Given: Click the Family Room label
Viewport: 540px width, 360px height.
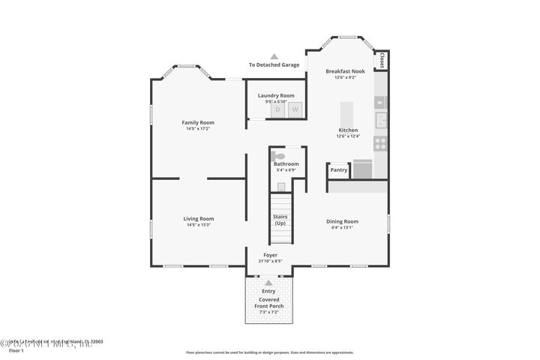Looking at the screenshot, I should pyautogui.click(x=198, y=122).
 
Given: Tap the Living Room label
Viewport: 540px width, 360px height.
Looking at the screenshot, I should pyautogui.click(x=198, y=218).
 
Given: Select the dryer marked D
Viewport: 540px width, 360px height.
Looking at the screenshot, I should pyautogui.click(x=277, y=109).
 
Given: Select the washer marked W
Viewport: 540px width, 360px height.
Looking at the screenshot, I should pyautogui.click(x=295, y=109).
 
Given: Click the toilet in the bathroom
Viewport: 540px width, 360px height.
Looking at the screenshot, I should pyautogui.click(x=279, y=155).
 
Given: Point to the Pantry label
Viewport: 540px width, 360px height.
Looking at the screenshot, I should pyautogui.click(x=338, y=170).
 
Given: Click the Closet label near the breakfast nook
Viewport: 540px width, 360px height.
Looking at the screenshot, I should pyautogui.click(x=382, y=60).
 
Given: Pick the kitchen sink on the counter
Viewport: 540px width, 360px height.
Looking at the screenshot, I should pyautogui.click(x=380, y=118).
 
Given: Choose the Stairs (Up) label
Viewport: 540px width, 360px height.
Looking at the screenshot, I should pyautogui.click(x=280, y=220).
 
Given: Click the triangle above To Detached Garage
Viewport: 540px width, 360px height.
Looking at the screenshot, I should pyautogui.click(x=274, y=56).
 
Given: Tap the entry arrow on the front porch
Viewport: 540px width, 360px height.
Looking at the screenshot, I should pyautogui.click(x=268, y=282).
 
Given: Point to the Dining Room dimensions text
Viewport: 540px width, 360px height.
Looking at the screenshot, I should pyautogui.click(x=341, y=227).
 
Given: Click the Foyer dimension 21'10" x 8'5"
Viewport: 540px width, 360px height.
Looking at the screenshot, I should pyautogui.click(x=270, y=262).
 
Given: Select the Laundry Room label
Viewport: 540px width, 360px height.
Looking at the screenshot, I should pyautogui.click(x=276, y=95).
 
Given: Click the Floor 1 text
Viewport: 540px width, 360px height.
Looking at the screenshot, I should pyautogui.click(x=16, y=350).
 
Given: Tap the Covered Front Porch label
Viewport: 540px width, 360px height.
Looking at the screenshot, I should pyautogui.click(x=268, y=302).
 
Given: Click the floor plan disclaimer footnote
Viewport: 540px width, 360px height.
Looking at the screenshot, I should pyautogui.click(x=269, y=351).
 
